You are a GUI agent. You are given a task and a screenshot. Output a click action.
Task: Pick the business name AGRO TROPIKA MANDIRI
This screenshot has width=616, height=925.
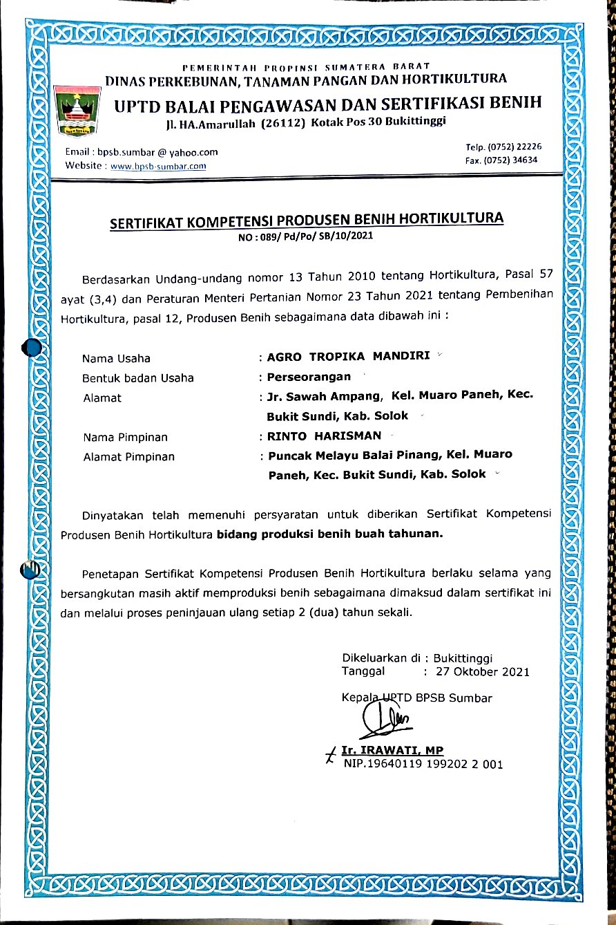point(348,357)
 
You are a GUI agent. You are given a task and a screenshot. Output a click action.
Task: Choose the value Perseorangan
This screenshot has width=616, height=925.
point(309,377)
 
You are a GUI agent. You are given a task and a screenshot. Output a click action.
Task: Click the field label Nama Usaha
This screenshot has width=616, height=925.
point(116,358)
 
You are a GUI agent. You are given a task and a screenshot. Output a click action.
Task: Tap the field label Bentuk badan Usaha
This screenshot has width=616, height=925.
point(138,378)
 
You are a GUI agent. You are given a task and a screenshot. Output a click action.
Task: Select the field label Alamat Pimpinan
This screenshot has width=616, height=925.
point(128,457)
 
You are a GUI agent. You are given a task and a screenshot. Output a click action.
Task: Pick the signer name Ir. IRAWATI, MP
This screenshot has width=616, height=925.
point(392,751)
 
